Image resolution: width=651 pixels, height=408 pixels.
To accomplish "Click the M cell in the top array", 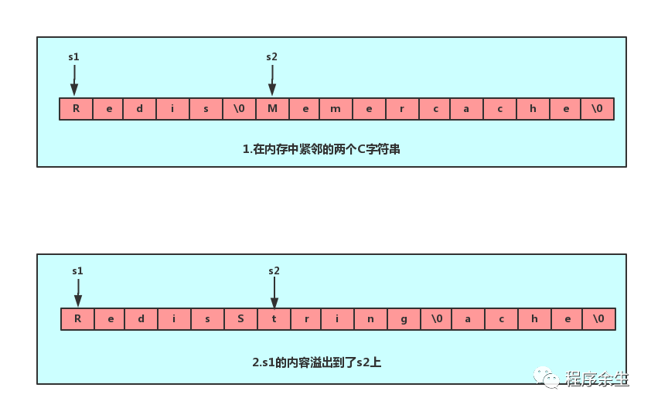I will tap(272, 109).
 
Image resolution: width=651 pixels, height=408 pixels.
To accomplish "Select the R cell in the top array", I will tap(76, 109).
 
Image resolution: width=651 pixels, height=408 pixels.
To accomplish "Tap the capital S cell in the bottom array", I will tap(240, 319).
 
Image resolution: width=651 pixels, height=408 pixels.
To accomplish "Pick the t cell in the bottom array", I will tap(273, 319).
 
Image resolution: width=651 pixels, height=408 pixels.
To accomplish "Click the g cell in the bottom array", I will tap(404, 319).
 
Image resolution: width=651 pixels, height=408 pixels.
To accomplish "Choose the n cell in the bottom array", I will tap(371, 319).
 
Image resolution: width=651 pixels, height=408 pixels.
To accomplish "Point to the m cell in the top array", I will tap(336, 109).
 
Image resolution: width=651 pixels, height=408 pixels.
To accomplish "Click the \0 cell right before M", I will tap(239, 109).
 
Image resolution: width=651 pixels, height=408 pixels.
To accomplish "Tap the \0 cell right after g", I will tap(437, 319).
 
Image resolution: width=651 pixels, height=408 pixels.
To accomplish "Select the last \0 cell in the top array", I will tap(597, 109).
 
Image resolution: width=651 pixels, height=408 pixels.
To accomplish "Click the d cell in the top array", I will tap(140, 109).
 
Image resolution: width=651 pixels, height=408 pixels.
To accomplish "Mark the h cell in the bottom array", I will tap(533, 319).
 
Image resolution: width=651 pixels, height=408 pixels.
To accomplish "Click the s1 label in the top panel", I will tap(74, 57).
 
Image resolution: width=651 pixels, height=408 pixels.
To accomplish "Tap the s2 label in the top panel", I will tap(271, 57).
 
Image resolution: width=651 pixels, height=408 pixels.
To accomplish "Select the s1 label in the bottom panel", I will tap(77, 271).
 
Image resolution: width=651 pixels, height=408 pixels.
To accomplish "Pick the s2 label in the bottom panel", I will tap(274, 271).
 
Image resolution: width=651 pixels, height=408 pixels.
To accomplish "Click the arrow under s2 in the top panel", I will tap(271, 80).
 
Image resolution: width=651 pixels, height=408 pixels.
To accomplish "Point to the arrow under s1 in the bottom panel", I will tap(77, 293).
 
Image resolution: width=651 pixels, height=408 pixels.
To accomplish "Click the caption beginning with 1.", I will tap(321, 149).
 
